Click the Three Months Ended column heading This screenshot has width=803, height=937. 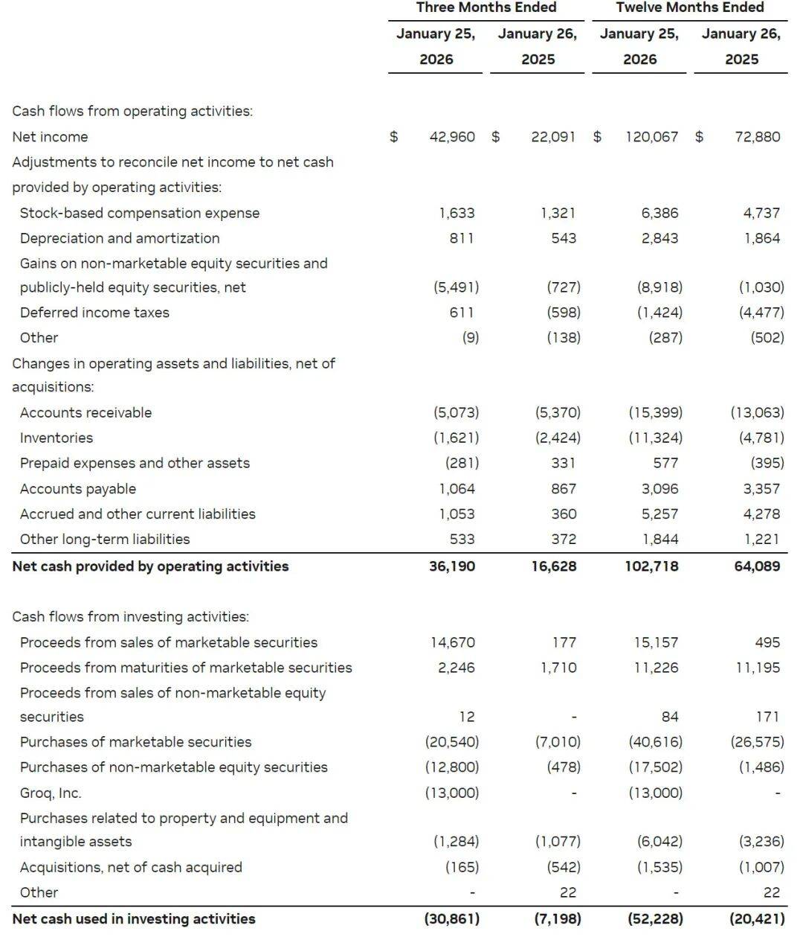[486, 7]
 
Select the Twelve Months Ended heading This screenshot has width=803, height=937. [689, 7]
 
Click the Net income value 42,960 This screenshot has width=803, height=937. [452, 137]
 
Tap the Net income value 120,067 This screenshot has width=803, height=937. [651, 137]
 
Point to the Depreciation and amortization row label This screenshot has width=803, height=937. [120, 238]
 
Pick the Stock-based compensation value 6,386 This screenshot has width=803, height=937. [660, 213]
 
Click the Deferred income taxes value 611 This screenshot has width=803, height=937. [461, 313]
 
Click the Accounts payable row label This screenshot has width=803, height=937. [78, 489]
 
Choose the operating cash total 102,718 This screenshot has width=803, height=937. [651, 566]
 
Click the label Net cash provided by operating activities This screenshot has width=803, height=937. [150, 566]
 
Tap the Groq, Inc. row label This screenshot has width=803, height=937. [51, 793]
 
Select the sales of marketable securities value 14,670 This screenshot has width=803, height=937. [452, 642]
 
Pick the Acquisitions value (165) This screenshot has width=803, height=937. [462, 867]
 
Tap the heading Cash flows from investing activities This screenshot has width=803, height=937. [130, 617]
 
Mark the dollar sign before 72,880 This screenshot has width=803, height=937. [699, 137]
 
